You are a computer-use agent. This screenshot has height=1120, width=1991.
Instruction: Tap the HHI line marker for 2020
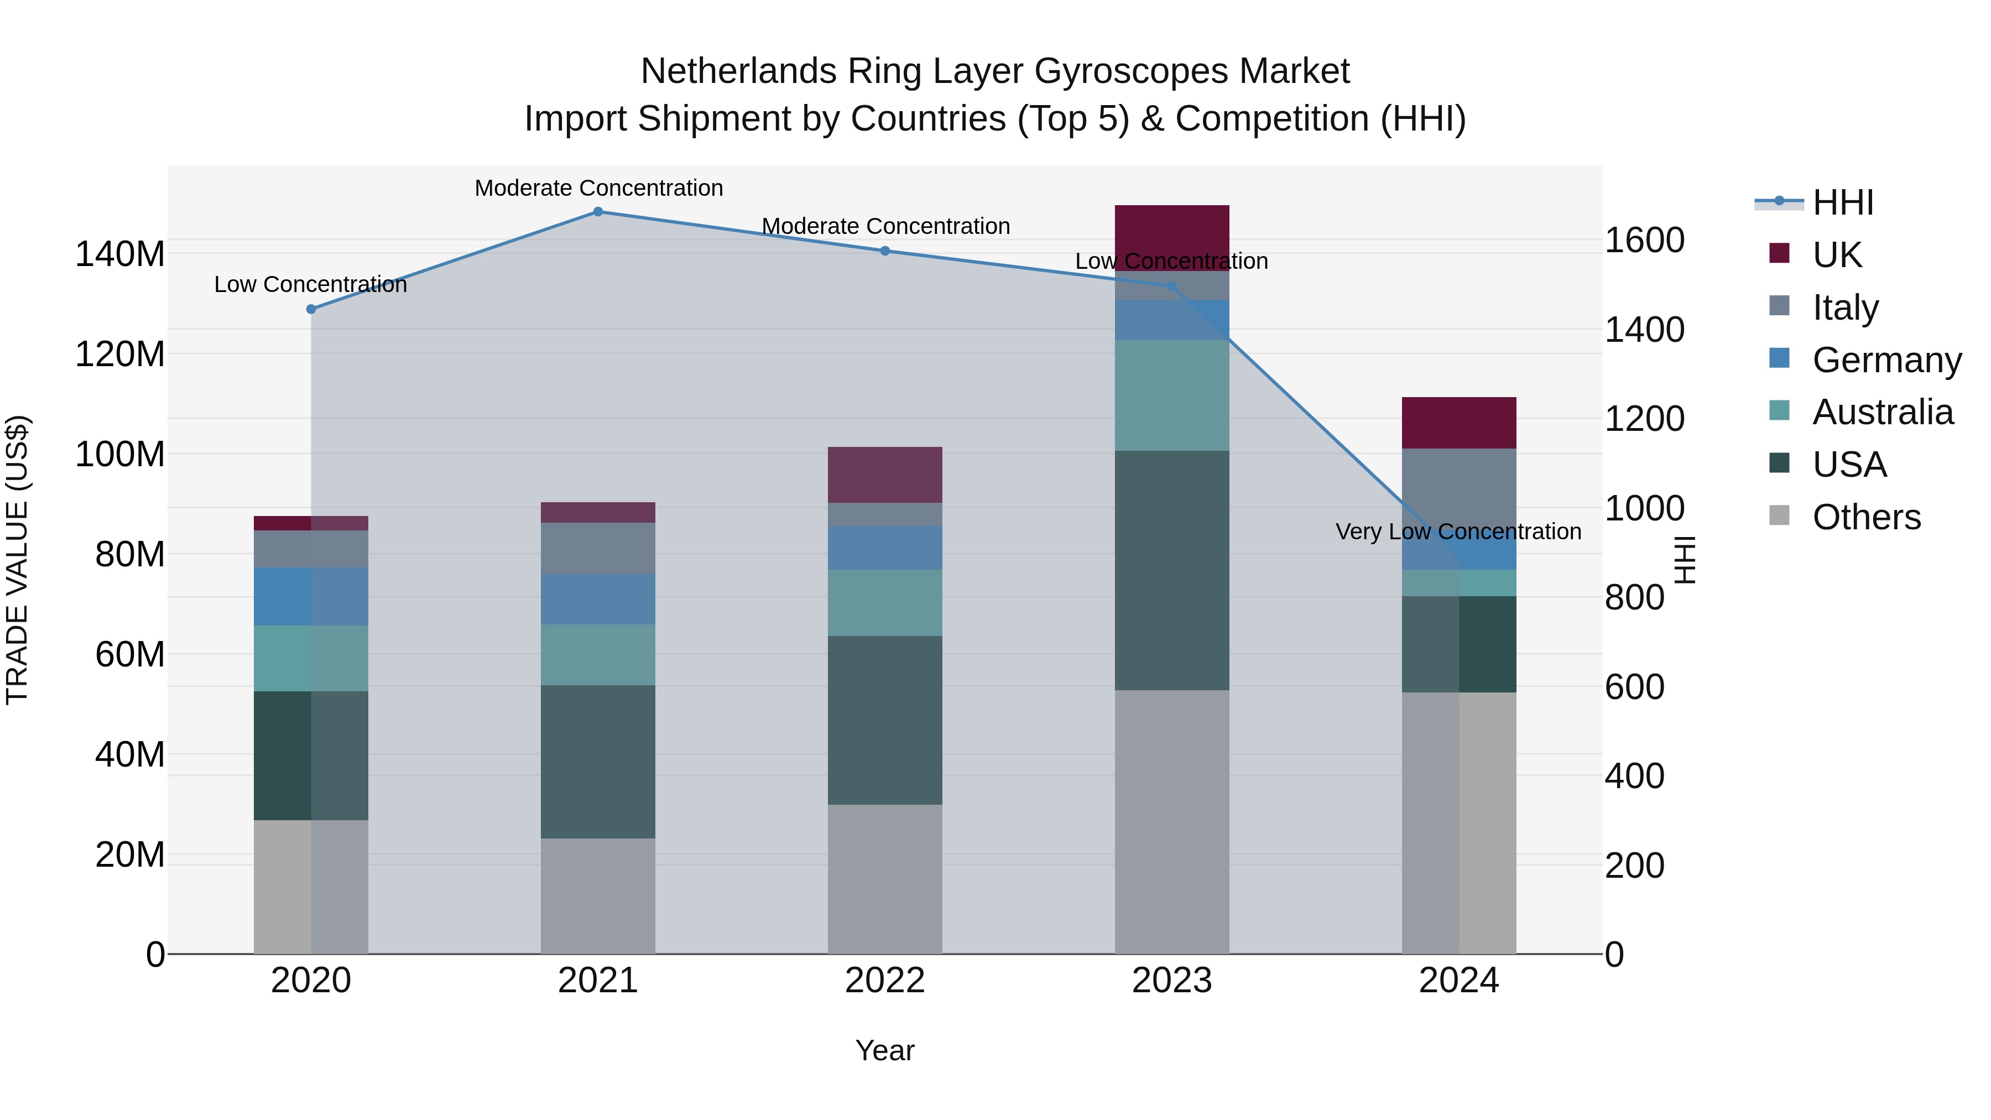pos(311,309)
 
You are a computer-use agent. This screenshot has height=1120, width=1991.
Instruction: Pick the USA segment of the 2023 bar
pos(1172,570)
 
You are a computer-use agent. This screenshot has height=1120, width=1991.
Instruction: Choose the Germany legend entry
pos(1886,360)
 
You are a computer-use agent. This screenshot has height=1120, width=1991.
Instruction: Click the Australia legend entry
pos(1882,412)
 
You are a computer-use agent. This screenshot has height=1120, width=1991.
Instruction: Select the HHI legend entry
pos(1843,202)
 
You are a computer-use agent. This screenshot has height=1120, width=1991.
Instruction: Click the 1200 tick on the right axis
pos(1644,418)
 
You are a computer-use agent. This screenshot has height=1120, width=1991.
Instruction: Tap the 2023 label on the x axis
pos(1172,981)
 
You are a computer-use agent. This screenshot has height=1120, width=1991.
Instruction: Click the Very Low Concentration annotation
pos(1458,532)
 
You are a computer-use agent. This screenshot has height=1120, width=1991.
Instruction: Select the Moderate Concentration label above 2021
pos(598,188)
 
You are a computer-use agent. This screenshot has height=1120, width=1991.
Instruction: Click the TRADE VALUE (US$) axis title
pos(17,560)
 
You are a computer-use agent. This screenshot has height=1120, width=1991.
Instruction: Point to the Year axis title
pos(884,1050)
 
